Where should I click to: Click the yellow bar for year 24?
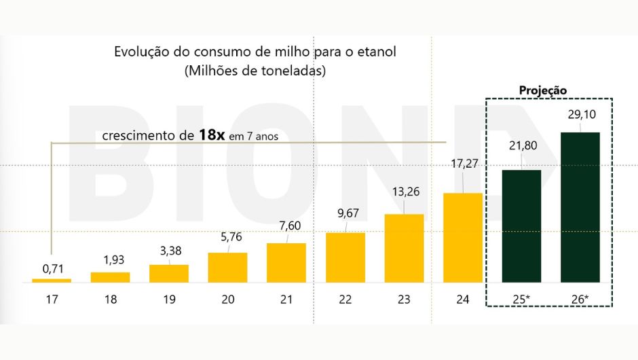coord(463,238)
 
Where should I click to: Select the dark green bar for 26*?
coord(580,207)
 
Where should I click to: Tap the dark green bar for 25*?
coord(521,226)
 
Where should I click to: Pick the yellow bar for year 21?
coord(286,262)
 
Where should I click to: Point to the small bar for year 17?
coord(52,280)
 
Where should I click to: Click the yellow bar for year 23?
coord(404,248)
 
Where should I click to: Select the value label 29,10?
coord(580,115)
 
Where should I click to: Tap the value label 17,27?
coord(463,163)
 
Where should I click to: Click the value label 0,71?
coord(52,268)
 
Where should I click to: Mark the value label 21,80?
coord(522,144)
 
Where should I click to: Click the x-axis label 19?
coord(169,300)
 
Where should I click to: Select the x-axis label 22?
coord(345,300)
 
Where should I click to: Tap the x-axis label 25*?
coord(521,300)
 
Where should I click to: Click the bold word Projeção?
coord(542,90)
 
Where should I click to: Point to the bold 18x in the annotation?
coord(212,134)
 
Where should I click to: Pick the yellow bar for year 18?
coord(110,277)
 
